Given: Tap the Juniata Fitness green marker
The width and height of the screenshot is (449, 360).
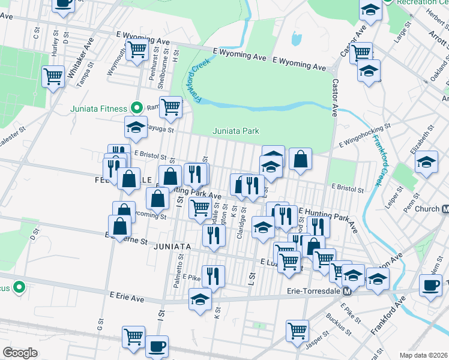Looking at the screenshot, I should [x=136, y=109].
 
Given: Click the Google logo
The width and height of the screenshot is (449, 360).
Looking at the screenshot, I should [x=20, y=353].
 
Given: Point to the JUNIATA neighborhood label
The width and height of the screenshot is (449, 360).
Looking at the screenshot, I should [x=172, y=247].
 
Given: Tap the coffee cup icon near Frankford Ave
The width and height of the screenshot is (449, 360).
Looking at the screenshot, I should [x=430, y=284].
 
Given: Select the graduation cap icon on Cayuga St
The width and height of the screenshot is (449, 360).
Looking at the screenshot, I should [x=136, y=126].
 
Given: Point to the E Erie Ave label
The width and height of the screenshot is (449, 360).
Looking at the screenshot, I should [x=128, y=296].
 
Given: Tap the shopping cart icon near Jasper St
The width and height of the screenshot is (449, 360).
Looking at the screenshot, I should [x=297, y=329].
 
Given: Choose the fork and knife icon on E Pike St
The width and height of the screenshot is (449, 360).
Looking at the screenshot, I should [x=213, y=275].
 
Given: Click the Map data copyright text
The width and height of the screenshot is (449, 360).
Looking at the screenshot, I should [x=424, y=355].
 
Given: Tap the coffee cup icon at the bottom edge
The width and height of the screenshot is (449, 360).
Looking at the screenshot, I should [x=157, y=346].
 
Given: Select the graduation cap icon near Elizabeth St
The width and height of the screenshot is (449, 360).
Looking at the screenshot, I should [x=427, y=161].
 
